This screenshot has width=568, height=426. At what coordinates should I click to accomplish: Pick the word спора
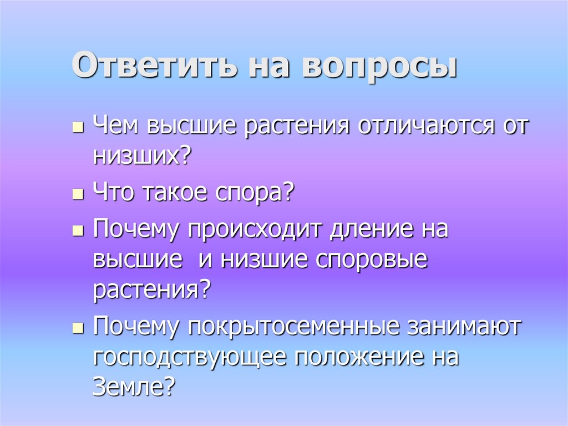click(x=255, y=194)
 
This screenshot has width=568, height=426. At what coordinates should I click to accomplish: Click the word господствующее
click(x=189, y=357)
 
